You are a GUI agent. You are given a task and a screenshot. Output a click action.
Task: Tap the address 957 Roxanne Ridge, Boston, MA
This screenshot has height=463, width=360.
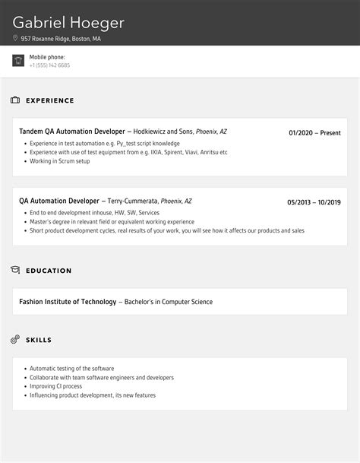click(60, 38)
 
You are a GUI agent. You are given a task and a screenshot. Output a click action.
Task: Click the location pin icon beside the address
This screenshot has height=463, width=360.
click(15, 38)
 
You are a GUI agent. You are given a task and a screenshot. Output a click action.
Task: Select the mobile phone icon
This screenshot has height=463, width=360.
click(18, 61)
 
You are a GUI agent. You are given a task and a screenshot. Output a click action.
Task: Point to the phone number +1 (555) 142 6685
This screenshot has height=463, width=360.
click(49, 65)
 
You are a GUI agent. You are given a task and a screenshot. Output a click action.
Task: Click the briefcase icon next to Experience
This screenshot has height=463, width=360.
click(15, 100)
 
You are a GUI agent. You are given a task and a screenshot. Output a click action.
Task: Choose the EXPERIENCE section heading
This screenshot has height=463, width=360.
click(50, 100)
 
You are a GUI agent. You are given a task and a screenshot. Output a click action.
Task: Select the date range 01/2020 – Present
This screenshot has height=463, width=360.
click(314, 133)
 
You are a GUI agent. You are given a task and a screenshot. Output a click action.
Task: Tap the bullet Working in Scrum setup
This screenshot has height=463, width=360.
click(60, 161)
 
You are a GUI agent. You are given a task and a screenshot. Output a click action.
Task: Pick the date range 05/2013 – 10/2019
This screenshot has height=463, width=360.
click(314, 202)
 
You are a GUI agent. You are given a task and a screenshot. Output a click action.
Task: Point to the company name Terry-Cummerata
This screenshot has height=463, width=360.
click(132, 201)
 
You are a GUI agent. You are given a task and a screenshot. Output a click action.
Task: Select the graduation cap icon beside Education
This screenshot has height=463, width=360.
click(15, 270)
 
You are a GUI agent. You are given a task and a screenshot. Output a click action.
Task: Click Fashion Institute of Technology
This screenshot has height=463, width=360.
click(68, 302)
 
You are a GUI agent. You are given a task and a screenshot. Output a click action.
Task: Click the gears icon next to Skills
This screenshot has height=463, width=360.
click(15, 339)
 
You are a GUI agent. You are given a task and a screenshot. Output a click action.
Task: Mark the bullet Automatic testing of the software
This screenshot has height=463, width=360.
click(71, 368)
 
